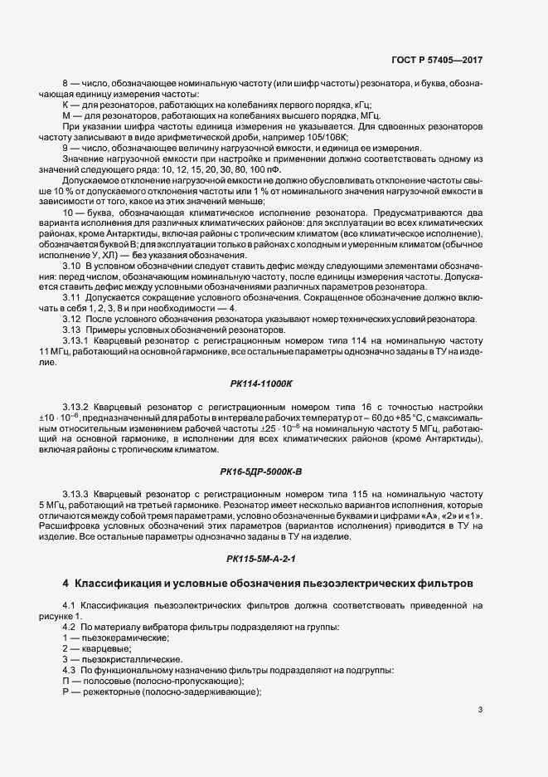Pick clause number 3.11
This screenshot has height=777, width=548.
(x=72, y=296)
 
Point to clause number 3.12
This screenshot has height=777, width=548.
(x=72, y=320)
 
